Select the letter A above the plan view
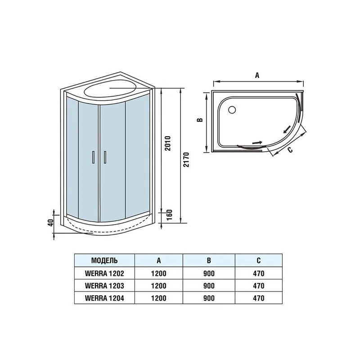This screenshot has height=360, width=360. [257, 76]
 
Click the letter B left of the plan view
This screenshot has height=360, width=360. [201, 120]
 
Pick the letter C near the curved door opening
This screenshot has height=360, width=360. [290, 149]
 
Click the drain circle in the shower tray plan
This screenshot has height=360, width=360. [232, 109]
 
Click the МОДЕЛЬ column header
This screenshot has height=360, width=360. [104, 260]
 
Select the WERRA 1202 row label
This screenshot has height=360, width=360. [104, 273]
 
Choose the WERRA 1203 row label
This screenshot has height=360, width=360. [104, 285]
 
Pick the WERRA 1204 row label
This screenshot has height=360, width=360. [104, 298]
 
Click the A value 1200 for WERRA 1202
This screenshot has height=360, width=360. [159, 273]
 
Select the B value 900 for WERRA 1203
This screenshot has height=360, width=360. [208, 285]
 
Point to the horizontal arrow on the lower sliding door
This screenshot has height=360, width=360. [256, 143]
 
